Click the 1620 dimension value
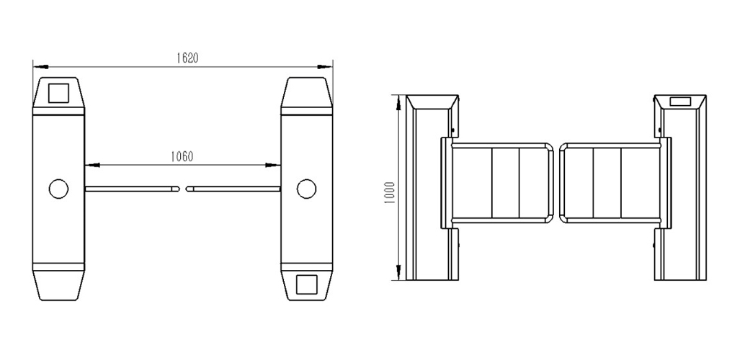coord(187,58)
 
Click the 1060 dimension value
coord(182,157)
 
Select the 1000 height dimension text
coord(390,192)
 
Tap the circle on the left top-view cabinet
coord(58,189)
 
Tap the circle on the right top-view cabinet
coord(307,189)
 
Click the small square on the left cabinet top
coord(59,93)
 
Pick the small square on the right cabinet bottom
coord(307,284)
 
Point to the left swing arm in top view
coord(132,189)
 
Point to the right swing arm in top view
coord(233,189)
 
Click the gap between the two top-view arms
coord(182,189)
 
